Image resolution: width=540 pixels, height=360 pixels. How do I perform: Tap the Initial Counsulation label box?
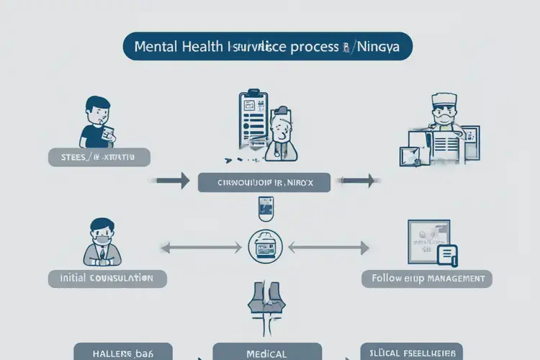[107, 278]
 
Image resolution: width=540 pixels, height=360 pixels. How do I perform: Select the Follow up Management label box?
[427, 278]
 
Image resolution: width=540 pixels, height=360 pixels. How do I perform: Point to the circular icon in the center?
[264, 246]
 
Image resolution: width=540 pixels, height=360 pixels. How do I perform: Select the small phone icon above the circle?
[264, 210]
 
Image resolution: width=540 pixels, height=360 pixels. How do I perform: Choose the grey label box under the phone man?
[99, 158]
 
